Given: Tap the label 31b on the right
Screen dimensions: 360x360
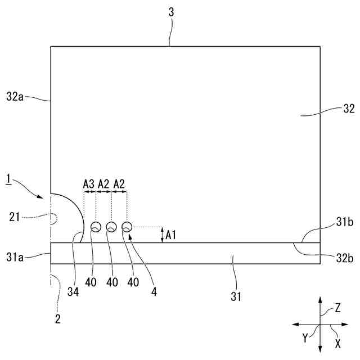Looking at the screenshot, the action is pos(345,223).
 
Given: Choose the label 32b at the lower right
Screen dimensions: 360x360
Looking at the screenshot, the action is pos(345,258).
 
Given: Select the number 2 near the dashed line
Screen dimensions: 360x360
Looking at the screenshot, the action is pos(57,319).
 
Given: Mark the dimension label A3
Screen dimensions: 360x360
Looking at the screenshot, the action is pos(88,184).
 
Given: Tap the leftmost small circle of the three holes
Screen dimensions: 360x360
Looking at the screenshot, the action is pos(96,227).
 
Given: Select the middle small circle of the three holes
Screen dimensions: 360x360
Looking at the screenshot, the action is pos(111,227).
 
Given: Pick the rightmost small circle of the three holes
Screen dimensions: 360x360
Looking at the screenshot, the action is pos(127,227).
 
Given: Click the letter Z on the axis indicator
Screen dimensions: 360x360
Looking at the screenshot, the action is pos(337,308).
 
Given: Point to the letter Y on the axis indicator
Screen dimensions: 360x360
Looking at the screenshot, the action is pos(305,338).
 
